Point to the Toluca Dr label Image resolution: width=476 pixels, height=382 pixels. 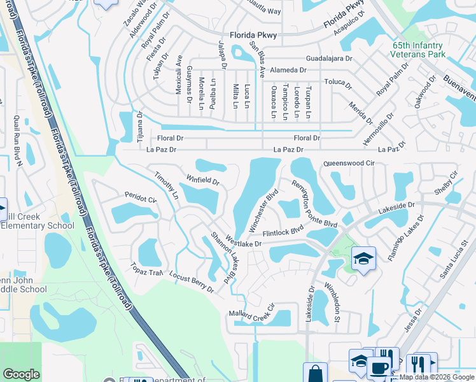(338, 83)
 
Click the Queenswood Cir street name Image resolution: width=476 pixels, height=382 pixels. (351, 164)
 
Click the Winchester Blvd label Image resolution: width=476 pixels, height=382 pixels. (265, 211)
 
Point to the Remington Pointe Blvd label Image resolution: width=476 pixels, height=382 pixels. (314, 203)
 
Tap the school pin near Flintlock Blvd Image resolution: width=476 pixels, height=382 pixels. (363, 258)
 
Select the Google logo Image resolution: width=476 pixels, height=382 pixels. (21, 374)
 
